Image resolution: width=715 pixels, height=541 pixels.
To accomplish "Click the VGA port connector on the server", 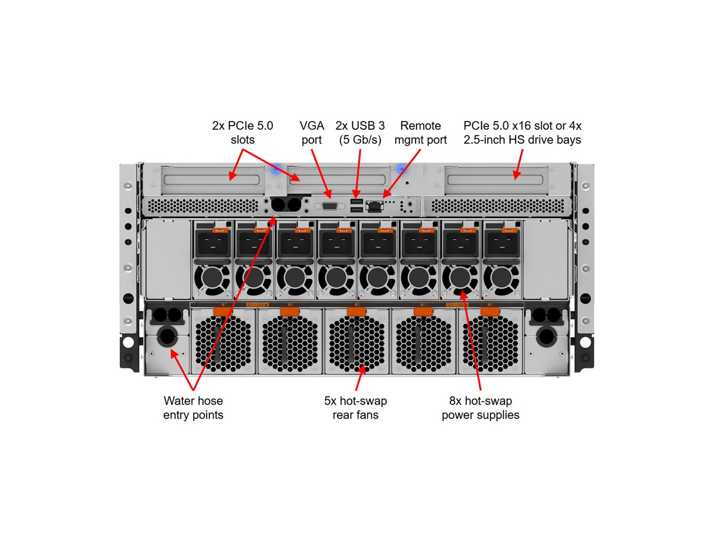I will [330, 206].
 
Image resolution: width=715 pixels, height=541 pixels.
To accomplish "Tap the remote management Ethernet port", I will [375, 206].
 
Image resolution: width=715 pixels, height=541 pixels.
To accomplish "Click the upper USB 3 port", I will [357, 201].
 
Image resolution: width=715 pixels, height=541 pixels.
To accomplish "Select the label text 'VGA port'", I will [312, 133].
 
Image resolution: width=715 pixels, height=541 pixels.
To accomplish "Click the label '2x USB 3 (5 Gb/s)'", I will [360, 133].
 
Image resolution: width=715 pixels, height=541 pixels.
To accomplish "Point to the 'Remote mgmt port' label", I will [420, 133].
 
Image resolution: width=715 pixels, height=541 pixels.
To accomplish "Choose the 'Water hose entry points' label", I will [193, 408].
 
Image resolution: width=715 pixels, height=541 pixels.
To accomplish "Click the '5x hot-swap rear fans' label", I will [356, 408].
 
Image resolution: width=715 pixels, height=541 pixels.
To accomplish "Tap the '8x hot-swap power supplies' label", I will [480, 408].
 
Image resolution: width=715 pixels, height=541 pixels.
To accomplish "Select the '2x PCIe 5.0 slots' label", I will [243, 133].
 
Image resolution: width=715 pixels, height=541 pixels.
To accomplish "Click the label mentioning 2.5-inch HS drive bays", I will [522, 133].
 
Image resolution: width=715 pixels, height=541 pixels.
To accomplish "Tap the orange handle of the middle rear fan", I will [357, 312].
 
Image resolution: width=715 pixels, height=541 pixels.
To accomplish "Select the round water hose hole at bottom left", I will [167, 337].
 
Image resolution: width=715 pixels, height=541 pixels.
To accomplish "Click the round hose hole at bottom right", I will [546, 337].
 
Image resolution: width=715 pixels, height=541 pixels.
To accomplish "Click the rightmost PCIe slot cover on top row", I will [496, 180].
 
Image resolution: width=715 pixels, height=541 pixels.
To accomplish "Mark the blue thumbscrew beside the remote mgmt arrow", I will [402, 169].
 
